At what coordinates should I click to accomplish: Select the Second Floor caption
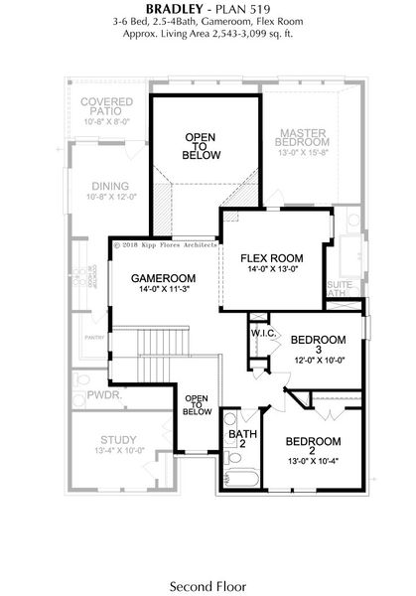coord(208,587)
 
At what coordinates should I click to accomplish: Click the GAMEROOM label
coord(163,278)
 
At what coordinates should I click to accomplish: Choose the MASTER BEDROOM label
coord(311,138)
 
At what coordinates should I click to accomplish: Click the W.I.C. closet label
coord(262,334)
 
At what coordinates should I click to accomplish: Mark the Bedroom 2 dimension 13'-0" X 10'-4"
coord(313,459)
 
